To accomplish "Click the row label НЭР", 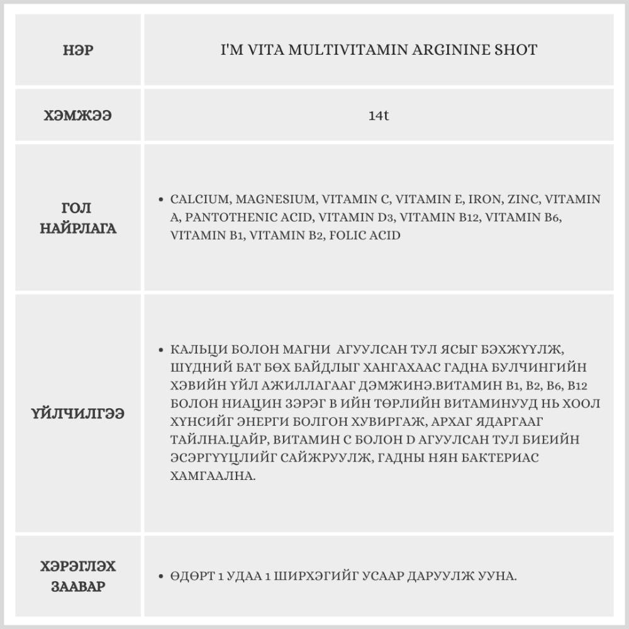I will coord(79,50).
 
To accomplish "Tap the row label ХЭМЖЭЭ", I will coord(79,116).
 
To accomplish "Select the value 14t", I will coord(379,116).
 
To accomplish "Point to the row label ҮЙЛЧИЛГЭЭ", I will coord(79,414).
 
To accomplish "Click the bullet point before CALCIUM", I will coord(162,200).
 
